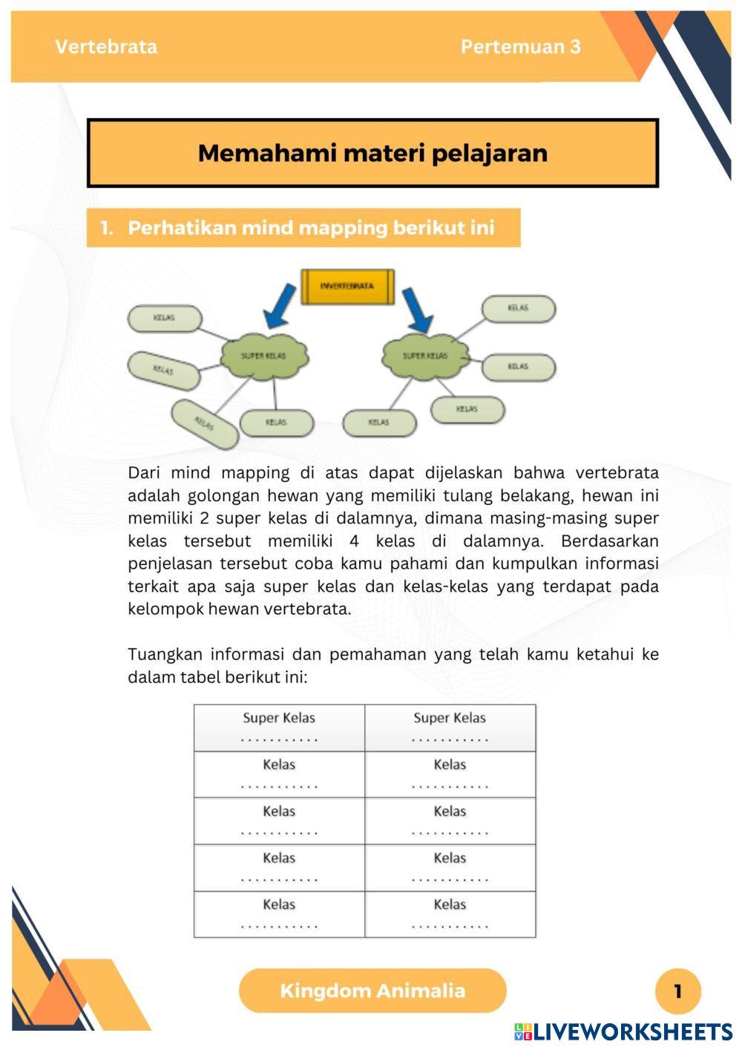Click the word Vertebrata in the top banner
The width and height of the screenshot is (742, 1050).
click(x=106, y=47)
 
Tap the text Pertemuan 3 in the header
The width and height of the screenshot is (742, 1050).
click(x=520, y=47)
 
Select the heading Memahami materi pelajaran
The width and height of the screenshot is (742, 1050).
click(x=372, y=153)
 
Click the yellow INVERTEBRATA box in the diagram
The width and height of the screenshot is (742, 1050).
click(x=347, y=286)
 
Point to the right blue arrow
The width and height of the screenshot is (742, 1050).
click(x=418, y=310)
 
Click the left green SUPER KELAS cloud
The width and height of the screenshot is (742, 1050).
click(x=263, y=356)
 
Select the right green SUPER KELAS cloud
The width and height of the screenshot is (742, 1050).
click(x=425, y=356)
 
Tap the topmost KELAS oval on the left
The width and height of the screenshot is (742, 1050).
click(x=165, y=318)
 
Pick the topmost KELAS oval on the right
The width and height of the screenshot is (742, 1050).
click(x=519, y=308)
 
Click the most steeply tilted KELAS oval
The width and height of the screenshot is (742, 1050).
click(x=205, y=424)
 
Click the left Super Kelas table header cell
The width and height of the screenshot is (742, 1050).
click(x=279, y=728)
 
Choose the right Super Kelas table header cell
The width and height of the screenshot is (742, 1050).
click(x=450, y=728)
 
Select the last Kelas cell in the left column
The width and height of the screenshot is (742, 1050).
click(x=279, y=914)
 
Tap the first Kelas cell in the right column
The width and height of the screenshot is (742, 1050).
click(x=450, y=775)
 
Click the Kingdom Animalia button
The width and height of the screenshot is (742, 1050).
click(x=372, y=991)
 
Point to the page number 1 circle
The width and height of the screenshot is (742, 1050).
click(x=677, y=991)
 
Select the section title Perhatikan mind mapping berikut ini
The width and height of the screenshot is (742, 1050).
click(x=310, y=228)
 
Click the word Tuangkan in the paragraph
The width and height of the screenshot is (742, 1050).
click(x=164, y=654)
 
